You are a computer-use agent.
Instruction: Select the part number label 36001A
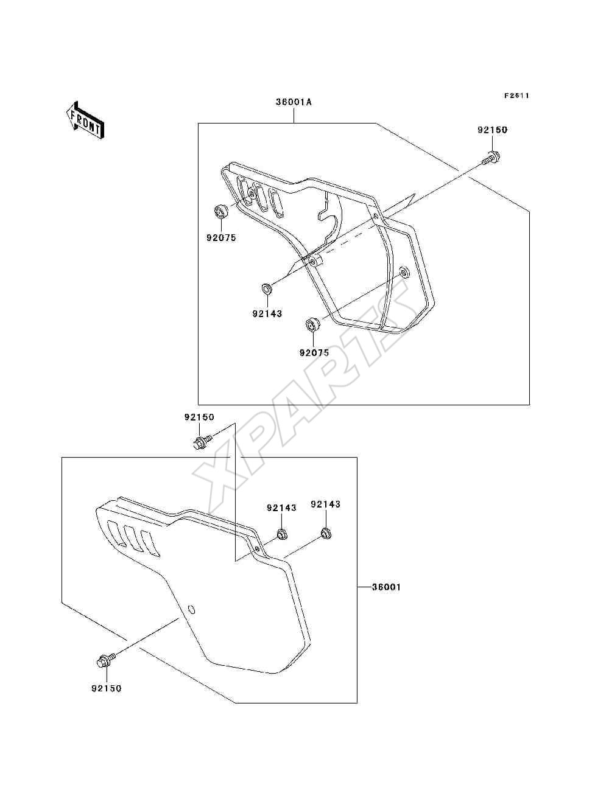[294, 102]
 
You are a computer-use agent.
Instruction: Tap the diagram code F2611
[517, 96]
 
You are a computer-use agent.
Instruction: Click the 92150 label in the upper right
[492, 130]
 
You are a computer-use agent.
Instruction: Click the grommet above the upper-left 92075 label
[220, 212]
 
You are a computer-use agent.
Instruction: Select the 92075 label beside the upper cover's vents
[222, 238]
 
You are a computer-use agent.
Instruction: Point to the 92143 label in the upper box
[267, 313]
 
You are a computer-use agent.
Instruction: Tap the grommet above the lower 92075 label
[312, 324]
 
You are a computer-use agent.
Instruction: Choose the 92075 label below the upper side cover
[314, 352]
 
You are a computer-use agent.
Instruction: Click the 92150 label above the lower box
[199, 417]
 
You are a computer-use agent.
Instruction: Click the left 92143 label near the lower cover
[281, 508]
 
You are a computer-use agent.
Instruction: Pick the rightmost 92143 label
[326, 504]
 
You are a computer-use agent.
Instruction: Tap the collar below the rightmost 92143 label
[326, 534]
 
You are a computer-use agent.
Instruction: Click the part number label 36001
[386, 587]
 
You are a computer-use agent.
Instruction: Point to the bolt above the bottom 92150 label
[105, 660]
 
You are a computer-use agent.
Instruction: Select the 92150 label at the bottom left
[107, 688]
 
